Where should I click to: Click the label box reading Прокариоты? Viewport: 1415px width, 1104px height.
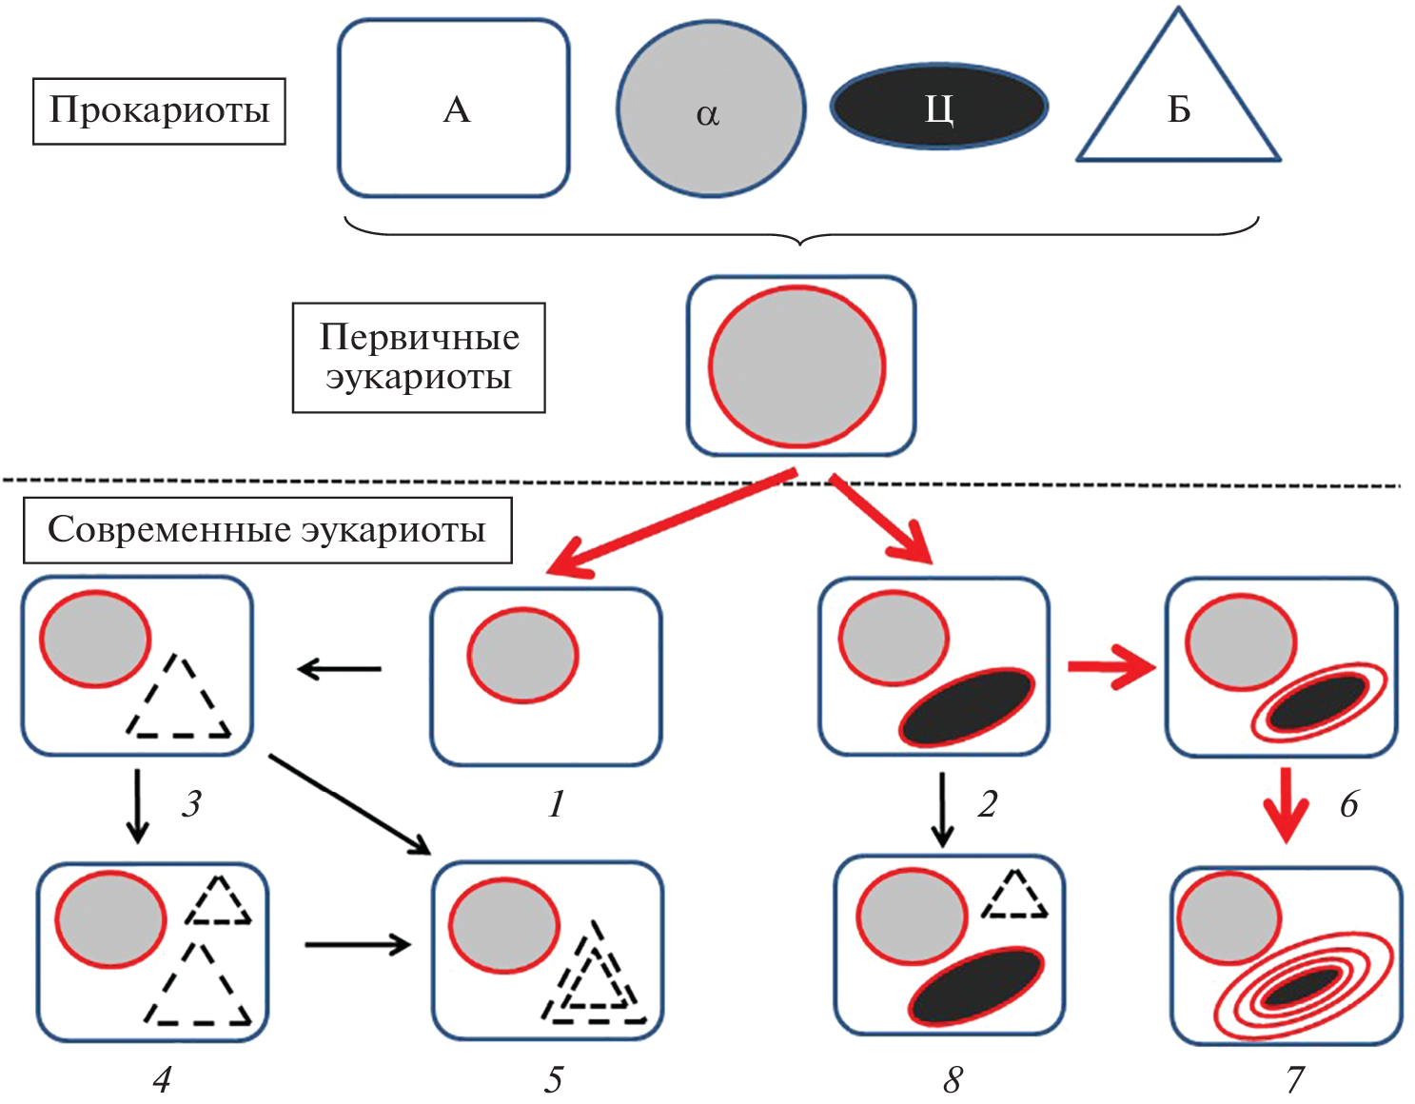tap(159, 111)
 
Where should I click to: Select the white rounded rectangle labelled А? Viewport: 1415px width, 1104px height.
tap(454, 108)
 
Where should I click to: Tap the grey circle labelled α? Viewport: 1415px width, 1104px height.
tap(710, 109)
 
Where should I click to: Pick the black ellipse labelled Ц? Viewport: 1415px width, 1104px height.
tap(938, 107)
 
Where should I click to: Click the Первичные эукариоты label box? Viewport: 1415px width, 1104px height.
tap(419, 358)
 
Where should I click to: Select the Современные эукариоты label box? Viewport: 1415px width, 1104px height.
tap(267, 529)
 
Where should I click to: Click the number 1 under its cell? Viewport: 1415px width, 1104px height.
tap(557, 805)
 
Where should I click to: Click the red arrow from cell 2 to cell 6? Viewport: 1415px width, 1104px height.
tap(1110, 666)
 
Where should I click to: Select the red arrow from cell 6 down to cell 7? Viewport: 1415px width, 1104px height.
tap(1286, 805)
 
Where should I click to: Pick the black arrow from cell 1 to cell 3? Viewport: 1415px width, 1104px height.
tap(340, 669)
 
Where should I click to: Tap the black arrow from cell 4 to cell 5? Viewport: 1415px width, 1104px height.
tap(357, 944)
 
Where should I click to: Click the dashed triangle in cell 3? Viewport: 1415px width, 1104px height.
tap(179, 701)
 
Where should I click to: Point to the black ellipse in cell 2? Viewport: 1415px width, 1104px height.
tap(967, 706)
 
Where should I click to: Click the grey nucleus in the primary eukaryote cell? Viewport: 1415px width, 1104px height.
tap(796, 366)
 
